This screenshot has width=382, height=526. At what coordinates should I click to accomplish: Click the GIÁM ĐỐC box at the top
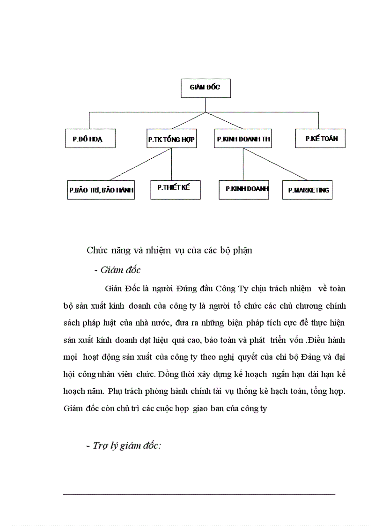[x=206, y=88]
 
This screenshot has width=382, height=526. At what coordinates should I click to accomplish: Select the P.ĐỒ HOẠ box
[x=90, y=139]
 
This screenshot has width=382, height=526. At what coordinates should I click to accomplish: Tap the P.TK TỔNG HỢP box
[x=171, y=139]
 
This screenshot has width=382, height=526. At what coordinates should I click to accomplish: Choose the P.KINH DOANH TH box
[x=243, y=139]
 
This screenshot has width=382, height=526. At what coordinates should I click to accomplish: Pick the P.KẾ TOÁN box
[x=321, y=138]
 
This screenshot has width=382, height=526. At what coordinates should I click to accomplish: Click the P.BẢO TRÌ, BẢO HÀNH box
[x=101, y=190]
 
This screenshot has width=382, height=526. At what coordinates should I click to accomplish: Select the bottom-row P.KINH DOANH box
[x=244, y=189]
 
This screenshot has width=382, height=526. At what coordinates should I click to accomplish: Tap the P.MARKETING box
[x=308, y=190]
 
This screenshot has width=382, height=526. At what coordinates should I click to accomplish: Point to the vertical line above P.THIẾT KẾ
[x=171, y=164]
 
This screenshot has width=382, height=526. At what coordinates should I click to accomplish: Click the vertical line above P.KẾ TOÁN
[x=319, y=120]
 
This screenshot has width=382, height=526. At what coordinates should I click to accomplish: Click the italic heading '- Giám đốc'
[x=117, y=270]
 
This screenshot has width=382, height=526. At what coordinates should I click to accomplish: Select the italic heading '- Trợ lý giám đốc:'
[x=124, y=446]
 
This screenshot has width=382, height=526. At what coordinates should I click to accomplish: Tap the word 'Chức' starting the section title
[x=96, y=250]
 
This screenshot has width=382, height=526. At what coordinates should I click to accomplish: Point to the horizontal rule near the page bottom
[x=199, y=494]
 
